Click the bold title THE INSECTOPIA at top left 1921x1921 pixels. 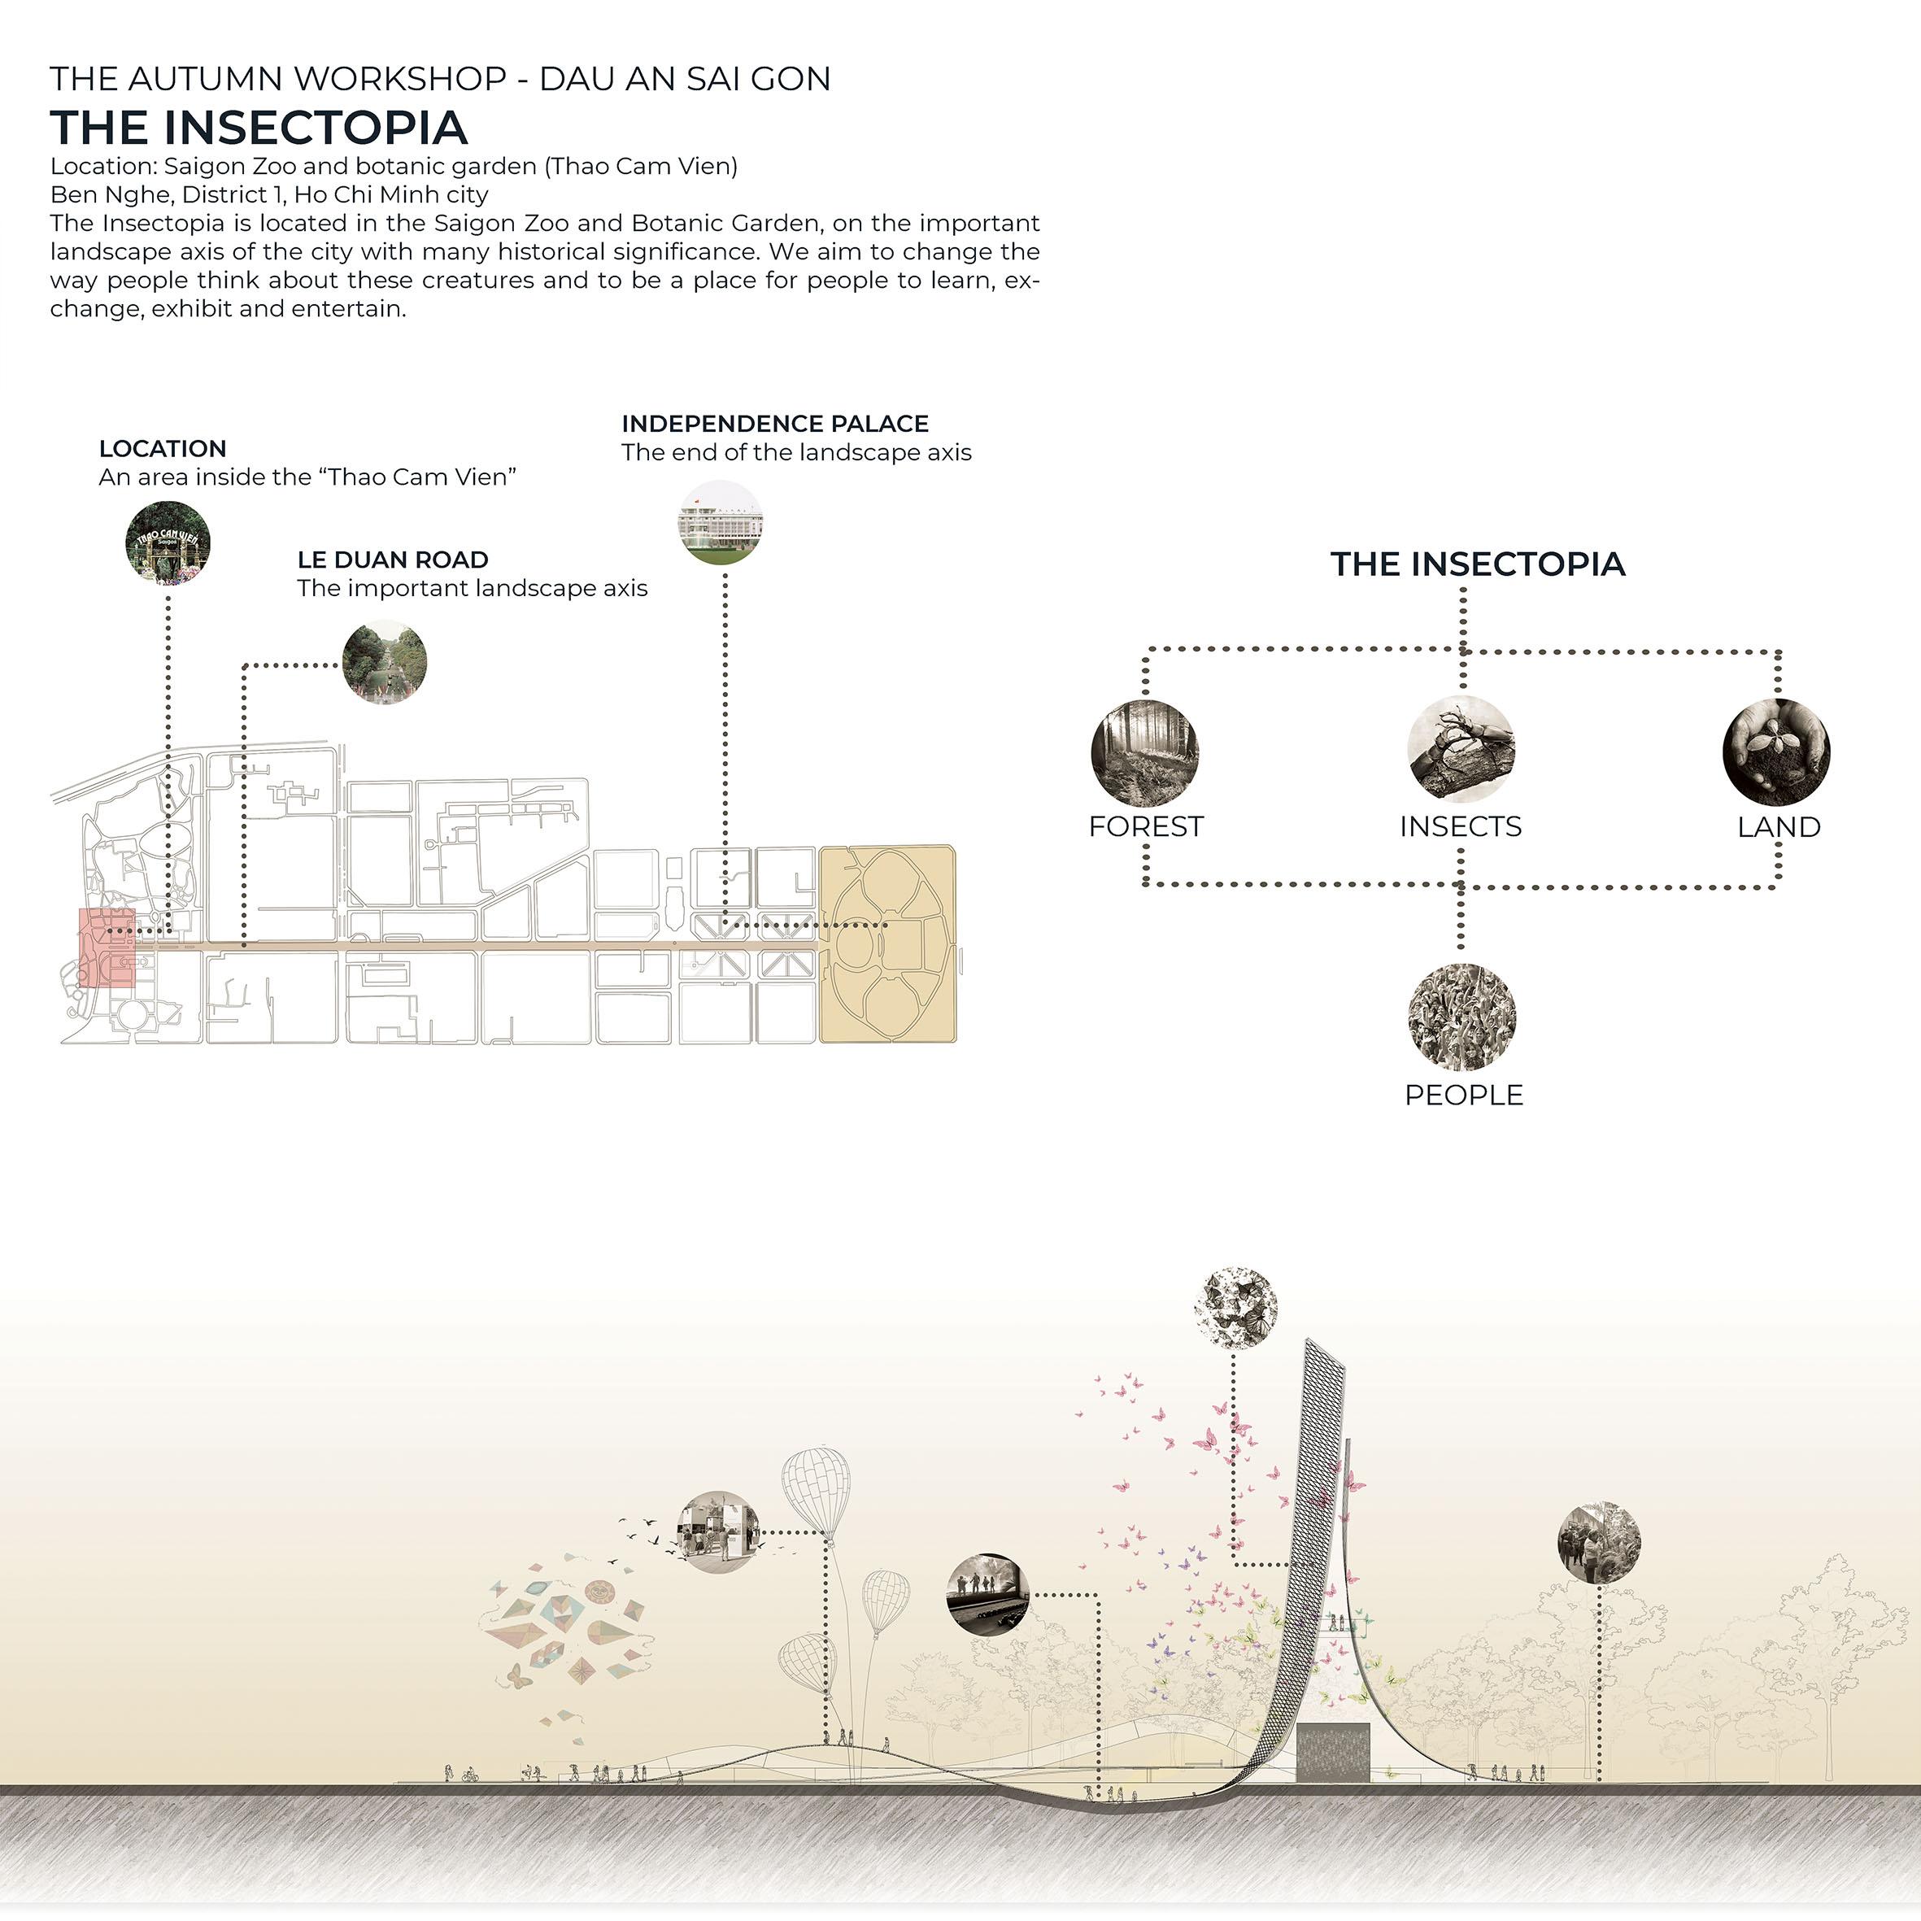(259, 127)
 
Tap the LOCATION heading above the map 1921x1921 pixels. (162, 448)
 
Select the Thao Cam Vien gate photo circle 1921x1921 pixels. (168, 543)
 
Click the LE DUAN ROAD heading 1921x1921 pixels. (393, 560)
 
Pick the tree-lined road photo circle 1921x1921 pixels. (385, 663)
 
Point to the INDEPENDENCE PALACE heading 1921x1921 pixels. (774, 424)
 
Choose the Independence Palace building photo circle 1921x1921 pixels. (721, 523)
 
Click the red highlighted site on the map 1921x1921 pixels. (107, 947)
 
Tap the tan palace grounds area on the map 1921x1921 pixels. (887, 943)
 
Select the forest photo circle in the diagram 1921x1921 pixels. (1144, 752)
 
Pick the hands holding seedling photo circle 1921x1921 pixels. (1776, 751)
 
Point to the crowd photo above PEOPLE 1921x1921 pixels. (1461, 1015)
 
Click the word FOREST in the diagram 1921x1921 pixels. (1145, 826)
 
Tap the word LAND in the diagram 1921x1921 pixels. (1778, 827)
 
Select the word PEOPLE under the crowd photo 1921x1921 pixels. (1462, 1095)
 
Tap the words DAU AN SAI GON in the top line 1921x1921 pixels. (684, 79)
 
